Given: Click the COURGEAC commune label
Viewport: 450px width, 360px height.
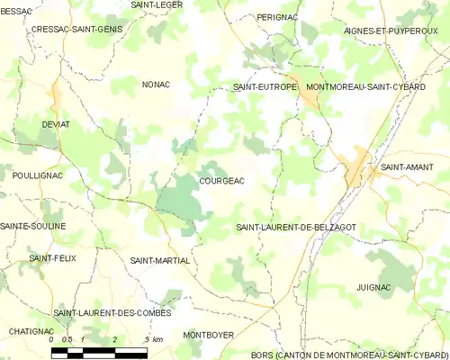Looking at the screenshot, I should (220, 181).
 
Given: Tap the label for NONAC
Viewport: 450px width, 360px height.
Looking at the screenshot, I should (156, 85).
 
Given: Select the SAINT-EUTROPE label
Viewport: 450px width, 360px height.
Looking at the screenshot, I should (265, 87).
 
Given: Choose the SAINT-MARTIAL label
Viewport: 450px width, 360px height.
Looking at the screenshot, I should (160, 260).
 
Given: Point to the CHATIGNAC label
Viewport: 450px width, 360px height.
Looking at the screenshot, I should (31, 331).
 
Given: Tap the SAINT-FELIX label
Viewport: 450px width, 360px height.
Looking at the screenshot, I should (53, 258).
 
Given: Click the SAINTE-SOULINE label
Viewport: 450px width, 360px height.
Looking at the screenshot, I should (33, 226).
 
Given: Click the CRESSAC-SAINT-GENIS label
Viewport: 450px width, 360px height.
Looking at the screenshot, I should (76, 29).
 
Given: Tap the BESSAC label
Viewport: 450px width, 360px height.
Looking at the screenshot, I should (16, 11).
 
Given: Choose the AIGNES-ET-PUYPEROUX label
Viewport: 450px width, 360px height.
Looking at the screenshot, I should (389, 31).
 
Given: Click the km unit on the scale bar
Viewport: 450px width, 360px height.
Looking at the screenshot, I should (157, 339).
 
